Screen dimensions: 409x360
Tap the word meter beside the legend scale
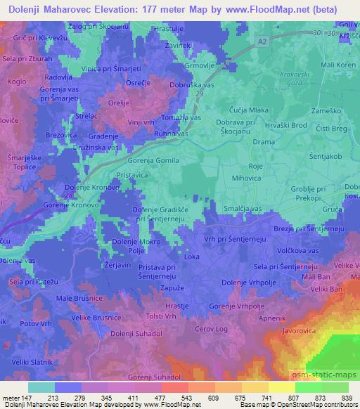[11, 396]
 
